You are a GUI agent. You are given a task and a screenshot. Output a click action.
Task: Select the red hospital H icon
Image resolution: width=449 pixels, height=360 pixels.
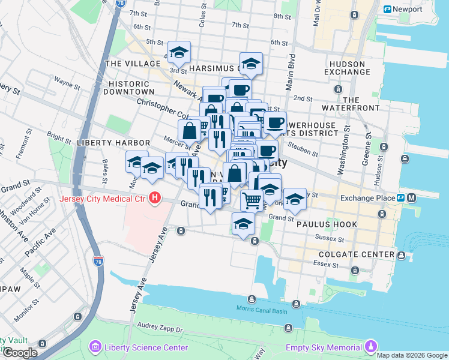coord(155,197)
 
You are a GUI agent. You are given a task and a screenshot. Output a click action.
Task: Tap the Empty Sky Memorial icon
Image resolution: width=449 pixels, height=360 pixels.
coord(372,347)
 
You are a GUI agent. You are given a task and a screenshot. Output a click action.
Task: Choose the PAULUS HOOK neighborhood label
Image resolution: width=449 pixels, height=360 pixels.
coord(327,224)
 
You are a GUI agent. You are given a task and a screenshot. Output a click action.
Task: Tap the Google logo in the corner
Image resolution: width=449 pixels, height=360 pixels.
coord(19,353)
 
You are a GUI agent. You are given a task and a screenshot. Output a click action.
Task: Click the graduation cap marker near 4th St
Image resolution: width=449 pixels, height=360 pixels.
coord(179,53)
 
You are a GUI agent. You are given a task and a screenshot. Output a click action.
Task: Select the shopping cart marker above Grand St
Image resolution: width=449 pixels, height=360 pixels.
coord(252,200)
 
